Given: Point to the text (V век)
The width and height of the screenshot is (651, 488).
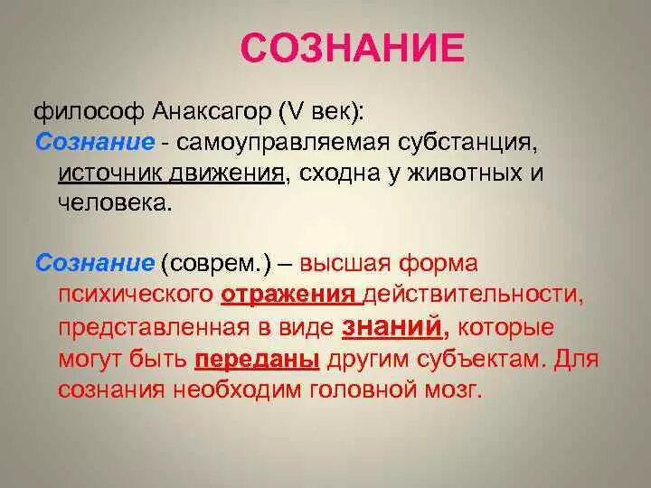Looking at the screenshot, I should coord(320,113).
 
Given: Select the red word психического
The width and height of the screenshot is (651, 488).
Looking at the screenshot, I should coord(135,295).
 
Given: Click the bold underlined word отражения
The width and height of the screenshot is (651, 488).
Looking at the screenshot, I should coord(287,295).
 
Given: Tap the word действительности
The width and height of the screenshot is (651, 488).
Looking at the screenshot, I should coord(471,295).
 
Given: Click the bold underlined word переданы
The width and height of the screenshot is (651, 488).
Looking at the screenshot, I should coord(257,357).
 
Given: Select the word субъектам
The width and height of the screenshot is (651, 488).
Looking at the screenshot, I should coord(469,357).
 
